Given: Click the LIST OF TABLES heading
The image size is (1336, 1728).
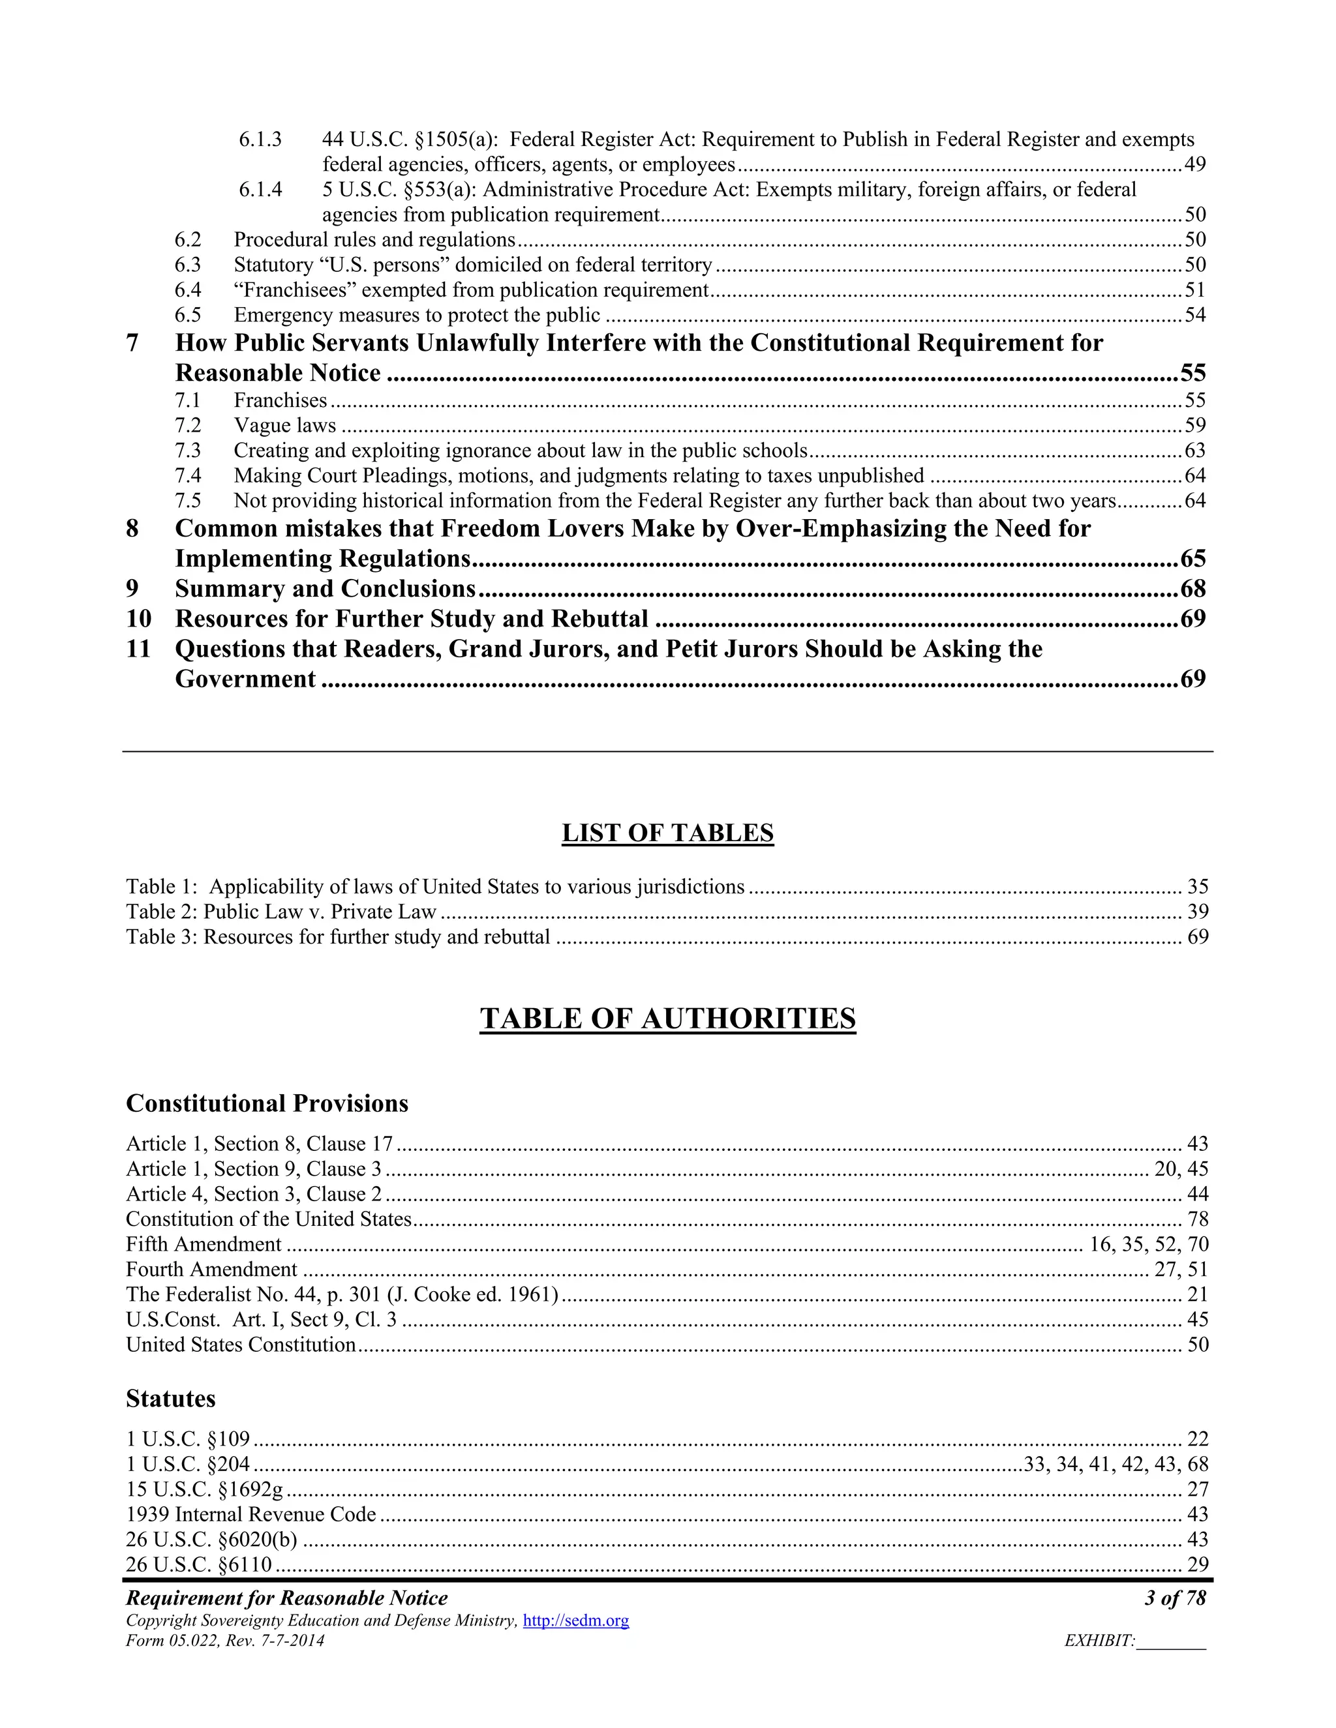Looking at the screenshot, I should coord(667,833).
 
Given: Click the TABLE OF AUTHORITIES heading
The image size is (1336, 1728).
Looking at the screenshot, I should coord(667,1019).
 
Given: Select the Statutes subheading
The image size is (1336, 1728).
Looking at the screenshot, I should coord(170,1398).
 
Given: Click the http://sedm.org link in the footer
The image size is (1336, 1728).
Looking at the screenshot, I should coord(575,1620).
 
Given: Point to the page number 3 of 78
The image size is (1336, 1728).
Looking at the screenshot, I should coord(1174,1598).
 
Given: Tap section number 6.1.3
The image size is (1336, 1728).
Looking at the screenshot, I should coord(260,140).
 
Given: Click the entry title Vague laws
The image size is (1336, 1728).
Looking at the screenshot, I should coord(285,426).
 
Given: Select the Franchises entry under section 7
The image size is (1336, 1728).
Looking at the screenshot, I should coord(280,400).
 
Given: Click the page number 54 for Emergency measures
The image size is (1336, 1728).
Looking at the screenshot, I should coord(1195,315).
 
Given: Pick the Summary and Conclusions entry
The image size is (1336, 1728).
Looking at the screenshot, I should coord(326,589).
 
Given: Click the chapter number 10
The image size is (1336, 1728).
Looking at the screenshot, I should coord(138,619).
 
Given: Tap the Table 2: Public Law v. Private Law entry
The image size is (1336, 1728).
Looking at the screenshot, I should coord(281,912).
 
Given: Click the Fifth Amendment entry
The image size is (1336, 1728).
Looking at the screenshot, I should coord(204,1245).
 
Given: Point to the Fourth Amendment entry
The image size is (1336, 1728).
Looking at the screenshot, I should coord(211,1269).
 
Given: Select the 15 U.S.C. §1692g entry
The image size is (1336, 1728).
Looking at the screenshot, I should coord(204,1489).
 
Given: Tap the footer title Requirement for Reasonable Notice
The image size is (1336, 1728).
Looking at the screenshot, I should coord(286,1598).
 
